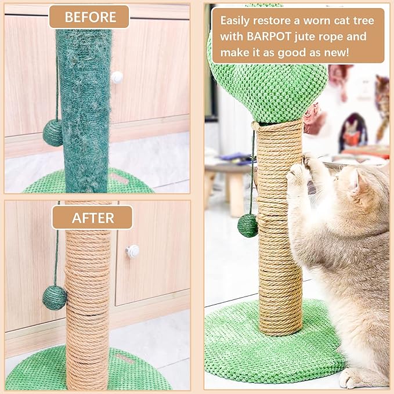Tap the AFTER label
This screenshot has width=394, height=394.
92,218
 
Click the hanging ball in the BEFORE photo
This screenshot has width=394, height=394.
52,133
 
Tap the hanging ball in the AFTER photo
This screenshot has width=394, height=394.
54,298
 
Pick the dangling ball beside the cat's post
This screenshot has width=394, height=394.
248,225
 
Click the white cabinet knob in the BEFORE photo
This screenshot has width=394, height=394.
118,77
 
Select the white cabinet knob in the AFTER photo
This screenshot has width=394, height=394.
133,251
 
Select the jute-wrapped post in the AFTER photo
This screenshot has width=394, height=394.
88,302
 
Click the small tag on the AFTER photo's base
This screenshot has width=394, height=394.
124,360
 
